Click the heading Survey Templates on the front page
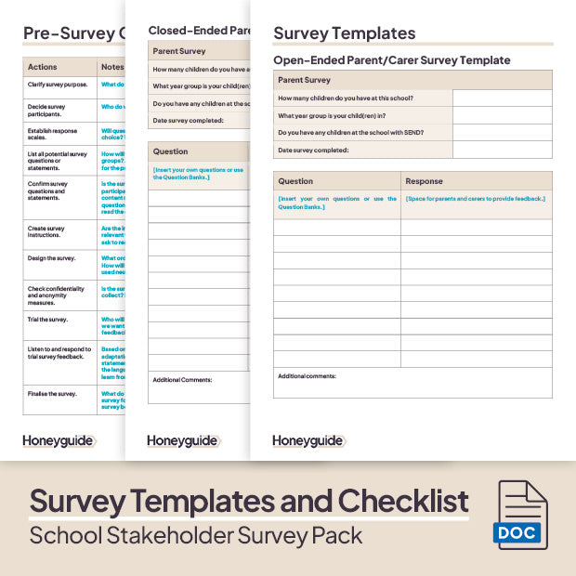[344, 33]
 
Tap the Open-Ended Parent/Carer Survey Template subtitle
[391, 60]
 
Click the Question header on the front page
[295, 181]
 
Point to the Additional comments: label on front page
[307, 376]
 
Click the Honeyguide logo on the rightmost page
[308, 440]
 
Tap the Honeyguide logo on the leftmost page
[58, 440]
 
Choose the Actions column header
[43, 67]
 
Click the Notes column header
[111, 67]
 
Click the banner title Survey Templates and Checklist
[249, 502]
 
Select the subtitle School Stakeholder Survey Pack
[196, 536]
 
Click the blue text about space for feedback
[475, 198]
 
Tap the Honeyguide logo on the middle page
[182, 440]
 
